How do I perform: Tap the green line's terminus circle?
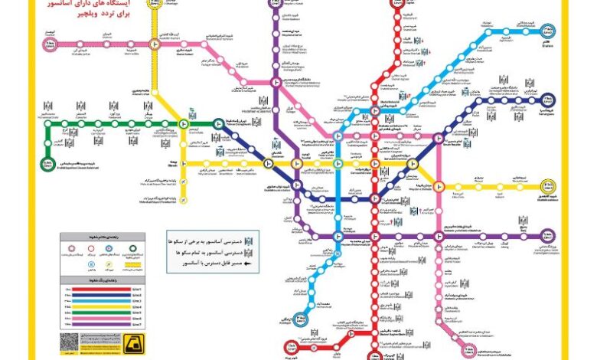coord(48,163)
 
